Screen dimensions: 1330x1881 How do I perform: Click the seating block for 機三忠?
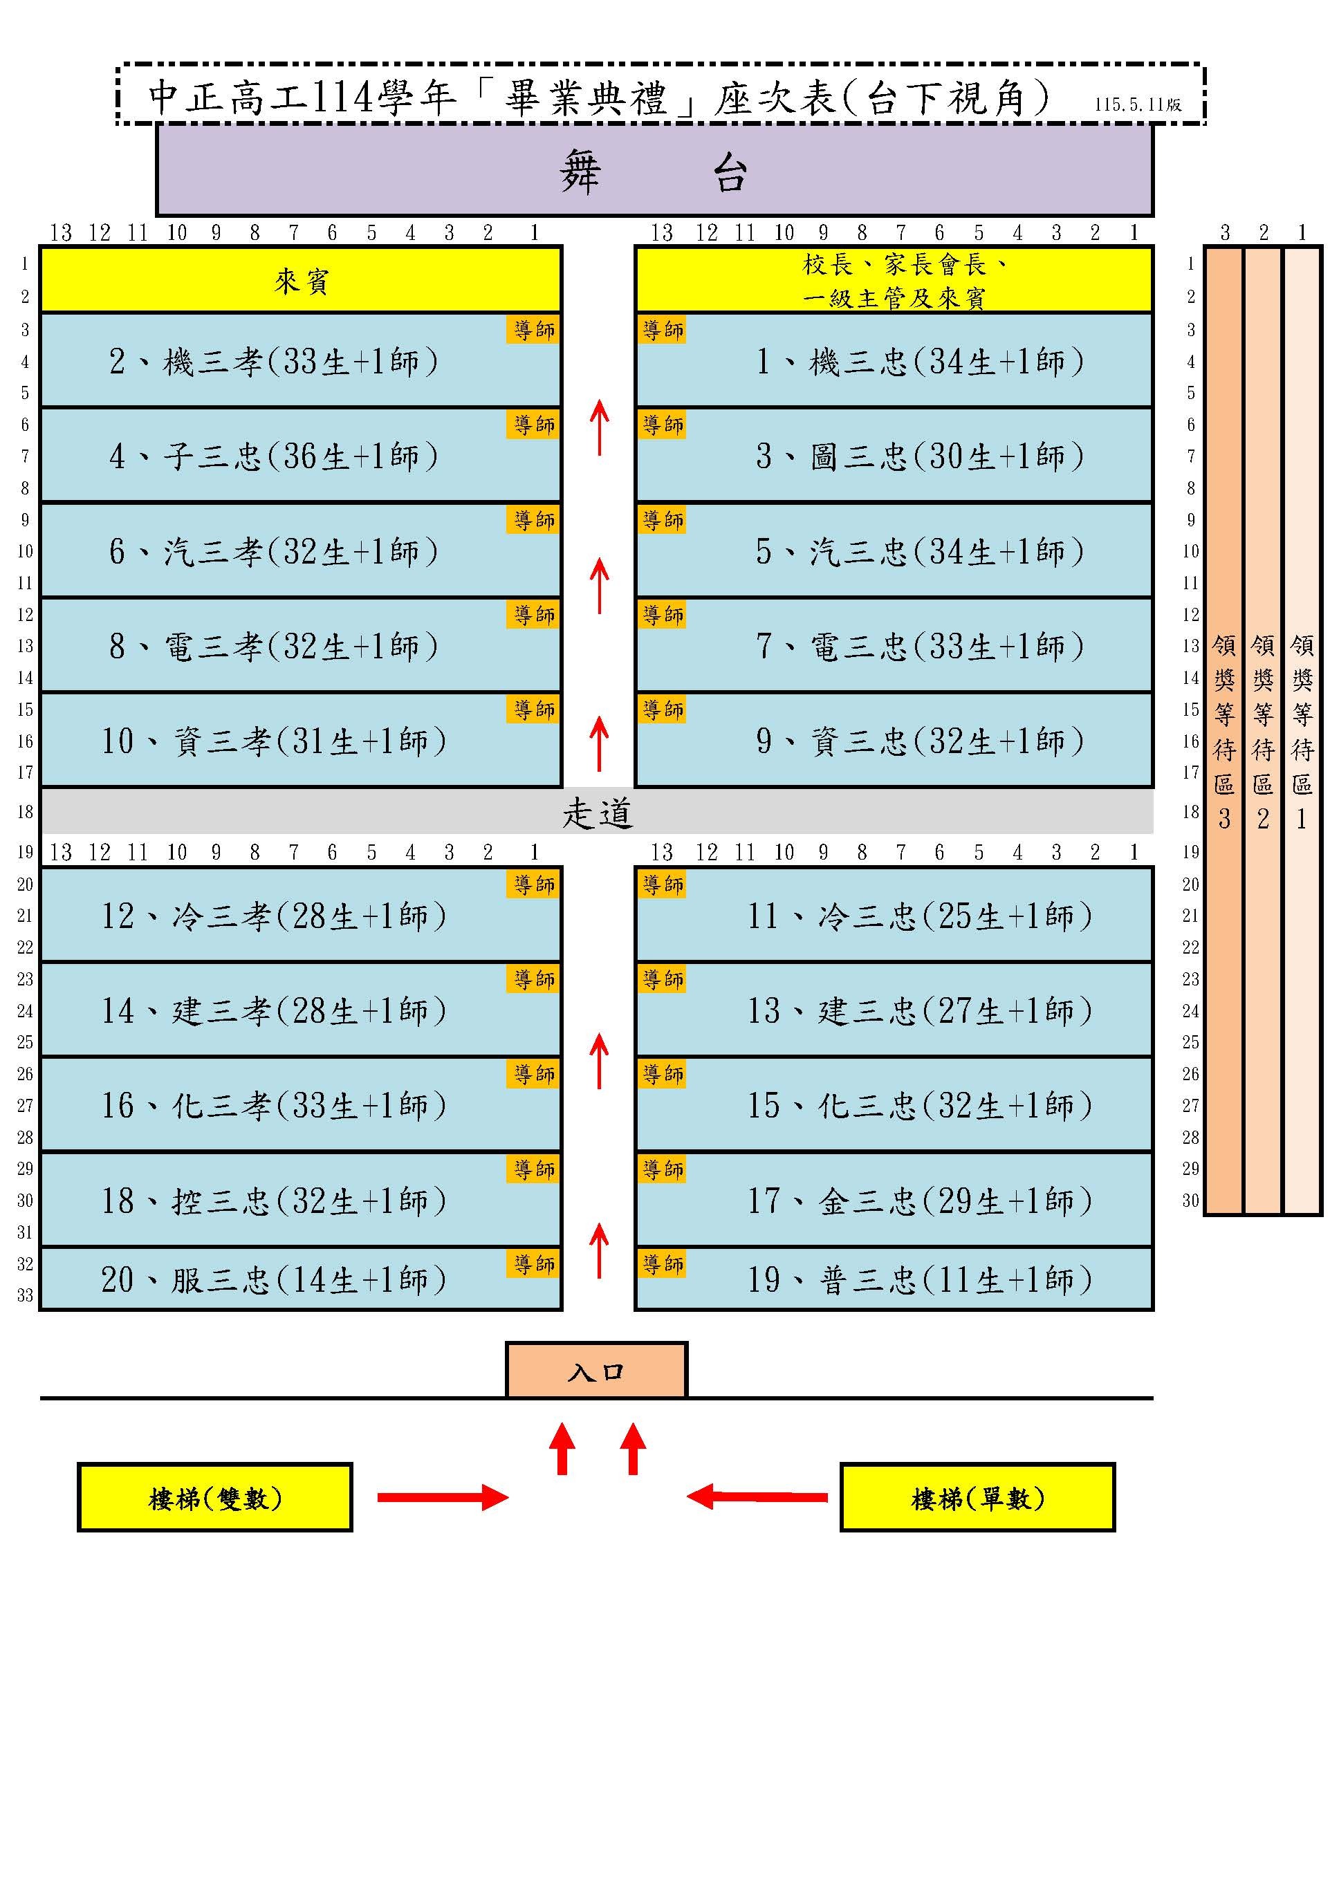[894, 360]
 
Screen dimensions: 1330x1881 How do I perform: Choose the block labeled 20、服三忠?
[301, 1279]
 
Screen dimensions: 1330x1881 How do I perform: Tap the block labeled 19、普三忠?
[894, 1279]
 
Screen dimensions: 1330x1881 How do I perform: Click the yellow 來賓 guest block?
[301, 280]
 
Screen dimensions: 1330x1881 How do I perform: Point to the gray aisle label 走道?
[598, 813]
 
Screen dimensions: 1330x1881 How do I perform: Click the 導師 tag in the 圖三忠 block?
[663, 425]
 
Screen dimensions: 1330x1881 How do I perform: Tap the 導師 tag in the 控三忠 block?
[535, 1169]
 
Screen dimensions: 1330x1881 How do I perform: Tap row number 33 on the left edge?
[26, 1295]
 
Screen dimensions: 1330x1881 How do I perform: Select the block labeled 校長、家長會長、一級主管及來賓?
[894, 280]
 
